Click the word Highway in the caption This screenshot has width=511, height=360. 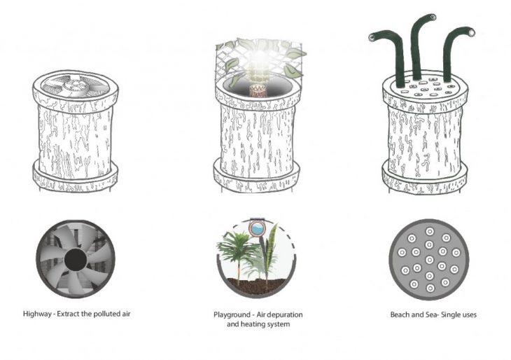click(37, 314)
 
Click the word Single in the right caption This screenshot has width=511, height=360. click(447, 315)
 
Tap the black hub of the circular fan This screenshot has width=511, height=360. click(76, 260)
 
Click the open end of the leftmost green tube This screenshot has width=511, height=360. click(372, 38)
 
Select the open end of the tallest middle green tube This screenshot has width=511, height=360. click(433, 17)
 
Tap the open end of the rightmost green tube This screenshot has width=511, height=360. click(471, 32)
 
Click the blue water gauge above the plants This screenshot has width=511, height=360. click(256, 228)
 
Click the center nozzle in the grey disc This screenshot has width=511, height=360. click(430, 260)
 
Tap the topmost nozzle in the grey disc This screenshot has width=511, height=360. click(430, 232)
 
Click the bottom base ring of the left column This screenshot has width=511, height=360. click(76, 178)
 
